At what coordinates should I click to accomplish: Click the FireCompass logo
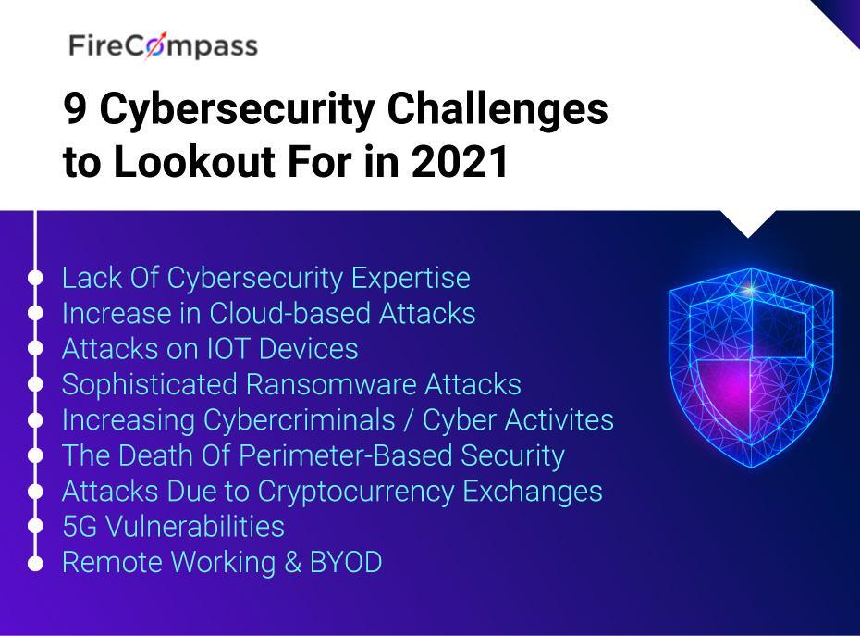click(163, 45)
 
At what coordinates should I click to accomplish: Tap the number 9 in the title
click(75, 108)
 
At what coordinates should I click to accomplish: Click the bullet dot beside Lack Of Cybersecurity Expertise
click(35, 278)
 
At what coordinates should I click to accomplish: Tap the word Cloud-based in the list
click(289, 313)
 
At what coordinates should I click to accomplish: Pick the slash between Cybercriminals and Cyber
click(408, 420)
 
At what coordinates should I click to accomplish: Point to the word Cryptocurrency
click(355, 493)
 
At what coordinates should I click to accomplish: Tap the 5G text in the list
click(80, 527)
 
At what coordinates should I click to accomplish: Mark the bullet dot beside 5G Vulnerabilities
click(35, 527)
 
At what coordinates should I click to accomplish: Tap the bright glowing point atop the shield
click(751, 289)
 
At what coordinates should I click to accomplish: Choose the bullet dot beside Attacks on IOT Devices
click(35, 349)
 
